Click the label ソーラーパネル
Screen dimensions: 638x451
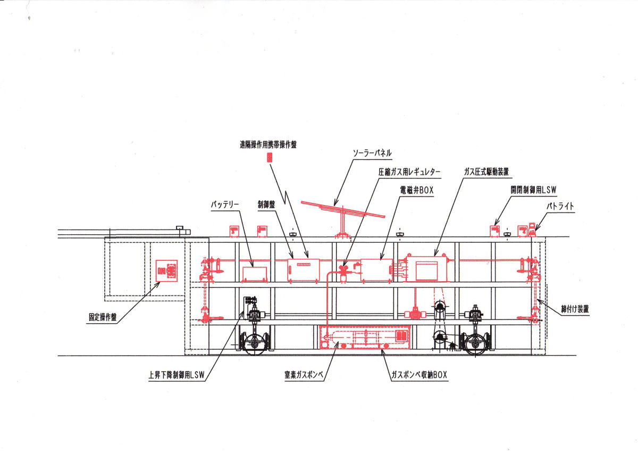(x=372, y=153)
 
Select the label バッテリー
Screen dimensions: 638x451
(x=225, y=205)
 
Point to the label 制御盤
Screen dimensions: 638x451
(x=266, y=204)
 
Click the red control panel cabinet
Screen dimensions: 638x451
(x=304, y=270)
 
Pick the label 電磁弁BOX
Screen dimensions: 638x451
(x=417, y=190)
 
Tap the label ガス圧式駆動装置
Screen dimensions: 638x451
(x=486, y=171)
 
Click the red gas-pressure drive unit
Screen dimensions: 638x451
(x=426, y=268)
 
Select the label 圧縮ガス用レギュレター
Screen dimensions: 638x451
(x=409, y=172)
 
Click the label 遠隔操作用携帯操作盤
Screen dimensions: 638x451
(x=268, y=145)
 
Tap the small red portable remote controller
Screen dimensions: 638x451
(x=270, y=158)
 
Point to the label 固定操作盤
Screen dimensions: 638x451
(x=103, y=317)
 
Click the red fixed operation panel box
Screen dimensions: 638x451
(x=166, y=270)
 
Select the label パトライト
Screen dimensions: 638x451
(x=560, y=206)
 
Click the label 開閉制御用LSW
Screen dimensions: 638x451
(x=533, y=190)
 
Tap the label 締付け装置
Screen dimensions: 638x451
(x=575, y=309)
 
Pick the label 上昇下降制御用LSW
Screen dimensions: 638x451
(x=177, y=375)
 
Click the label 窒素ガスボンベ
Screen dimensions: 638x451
(x=304, y=374)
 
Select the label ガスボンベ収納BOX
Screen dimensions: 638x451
(x=419, y=375)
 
